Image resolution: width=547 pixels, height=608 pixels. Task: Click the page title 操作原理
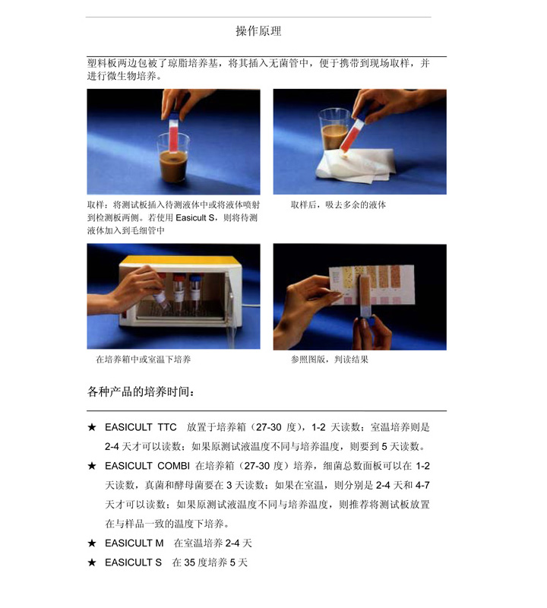(x=258, y=31)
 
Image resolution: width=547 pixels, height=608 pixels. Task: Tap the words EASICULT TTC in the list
(x=141, y=427)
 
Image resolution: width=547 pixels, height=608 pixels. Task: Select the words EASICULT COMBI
(x=147, y=466)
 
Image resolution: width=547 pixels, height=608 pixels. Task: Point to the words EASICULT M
(x=134, y=543)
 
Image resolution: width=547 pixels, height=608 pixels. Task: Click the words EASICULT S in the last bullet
(x=133, y=562)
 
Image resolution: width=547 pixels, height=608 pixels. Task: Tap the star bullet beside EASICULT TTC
(x=92, y=427)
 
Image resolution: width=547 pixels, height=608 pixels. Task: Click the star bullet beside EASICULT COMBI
(x=92, y=466)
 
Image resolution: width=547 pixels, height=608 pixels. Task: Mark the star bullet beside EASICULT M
(x=92, y=543)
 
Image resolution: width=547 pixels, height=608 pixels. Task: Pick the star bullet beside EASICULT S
(x=92, y=562)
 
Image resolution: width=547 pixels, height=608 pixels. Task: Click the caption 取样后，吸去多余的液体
(x=338, y=204)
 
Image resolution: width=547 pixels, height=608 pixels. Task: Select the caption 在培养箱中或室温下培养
(x=143, y=359)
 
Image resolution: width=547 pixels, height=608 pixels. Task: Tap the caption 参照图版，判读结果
(x=330, y=359)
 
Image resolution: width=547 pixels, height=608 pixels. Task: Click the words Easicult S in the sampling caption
(x=194, y=218)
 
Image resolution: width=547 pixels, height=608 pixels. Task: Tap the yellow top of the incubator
(x=179, y=261)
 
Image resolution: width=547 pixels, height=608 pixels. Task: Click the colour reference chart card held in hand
(x=372, y=284)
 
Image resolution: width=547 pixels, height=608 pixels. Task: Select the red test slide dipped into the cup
(x=173, y=131)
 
